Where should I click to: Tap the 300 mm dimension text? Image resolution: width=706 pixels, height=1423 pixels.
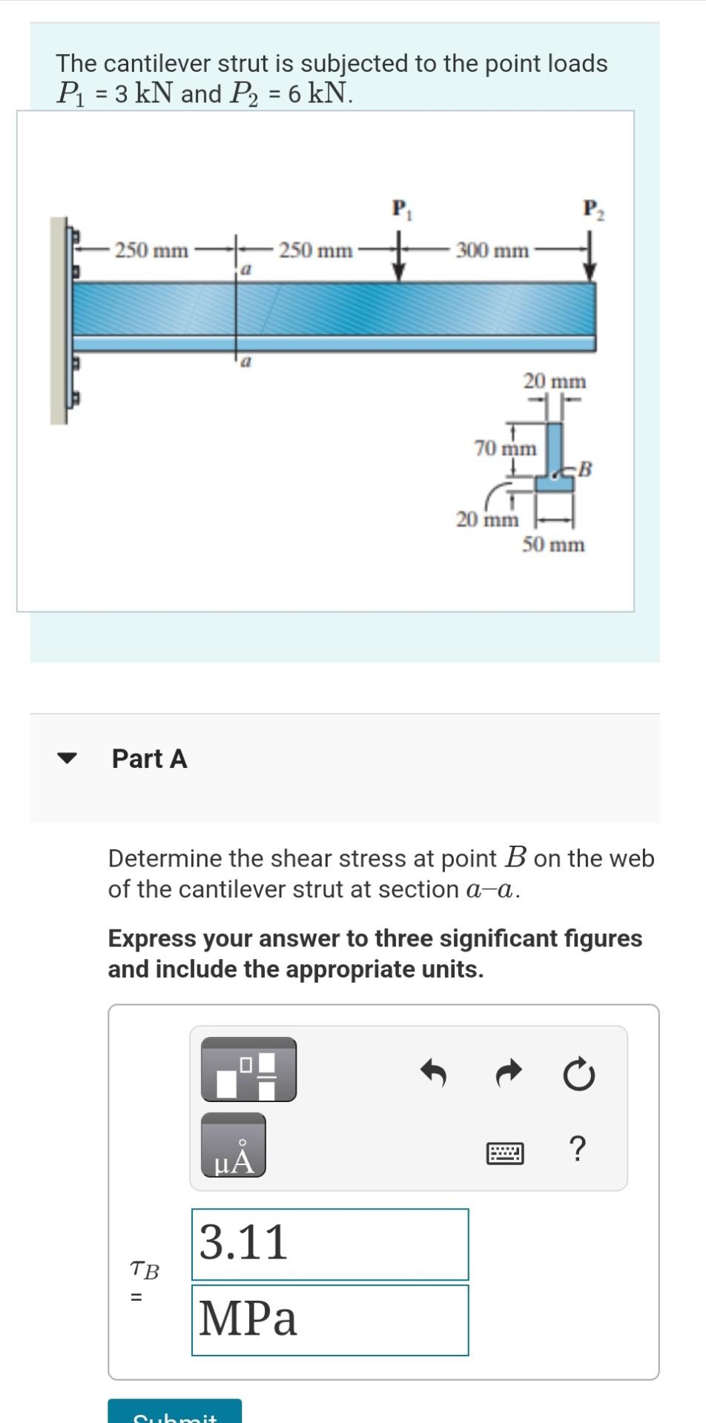tap(492, 251)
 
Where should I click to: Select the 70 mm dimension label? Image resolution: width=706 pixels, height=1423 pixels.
tap(505, 448)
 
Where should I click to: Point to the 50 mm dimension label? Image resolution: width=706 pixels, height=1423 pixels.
tap(553, 545)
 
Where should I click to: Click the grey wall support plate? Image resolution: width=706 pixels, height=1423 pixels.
tap(58, 320)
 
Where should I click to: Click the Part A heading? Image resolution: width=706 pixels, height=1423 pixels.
tap(149, 759)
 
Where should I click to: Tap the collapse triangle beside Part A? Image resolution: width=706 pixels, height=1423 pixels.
tap(67, 758)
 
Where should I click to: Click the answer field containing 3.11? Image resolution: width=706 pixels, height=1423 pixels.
tap(330, 1244)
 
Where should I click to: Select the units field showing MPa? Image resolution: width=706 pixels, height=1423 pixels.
tap(330, 1320)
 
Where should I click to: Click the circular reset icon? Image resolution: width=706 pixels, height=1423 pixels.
tap(578, 1075)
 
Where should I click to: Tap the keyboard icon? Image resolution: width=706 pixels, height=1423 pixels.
tap(505, 1153)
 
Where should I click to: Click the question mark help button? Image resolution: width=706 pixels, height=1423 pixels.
tap(578, 1149)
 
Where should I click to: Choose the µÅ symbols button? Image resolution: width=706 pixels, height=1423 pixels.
tap(233, 1146)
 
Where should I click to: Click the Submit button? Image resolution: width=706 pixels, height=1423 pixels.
tap(175, 1413)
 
